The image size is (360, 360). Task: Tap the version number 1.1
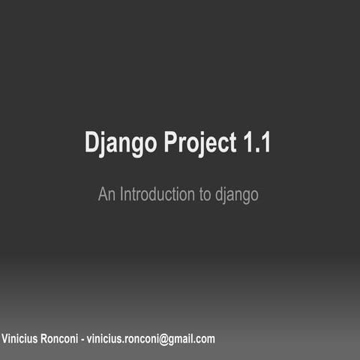(x=256, y=142)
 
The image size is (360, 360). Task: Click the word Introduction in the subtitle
(x=154, y=194)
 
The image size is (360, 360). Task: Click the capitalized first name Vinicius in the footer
(x=21, y=339)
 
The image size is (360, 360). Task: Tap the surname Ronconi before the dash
(x=61, y=339)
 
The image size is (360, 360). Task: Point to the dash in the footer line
(x=82, y=340)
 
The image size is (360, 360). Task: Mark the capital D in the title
(x=91, y=142)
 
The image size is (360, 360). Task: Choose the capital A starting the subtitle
(x=103, y=194)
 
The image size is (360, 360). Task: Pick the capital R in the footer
(x=46, y=339)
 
